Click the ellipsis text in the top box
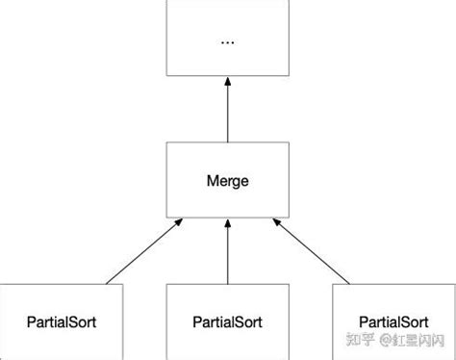(x=227, y=42)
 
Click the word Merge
(x=227, y=180)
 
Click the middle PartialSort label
(x=227, y=320)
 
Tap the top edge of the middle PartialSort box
(x=227, y=285)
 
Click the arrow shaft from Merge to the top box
(x=227, y=116)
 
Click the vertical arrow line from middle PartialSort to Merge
(x=227, y=255)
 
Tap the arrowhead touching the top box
(x=227, y=83)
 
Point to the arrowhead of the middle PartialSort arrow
(x=227, y=224)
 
